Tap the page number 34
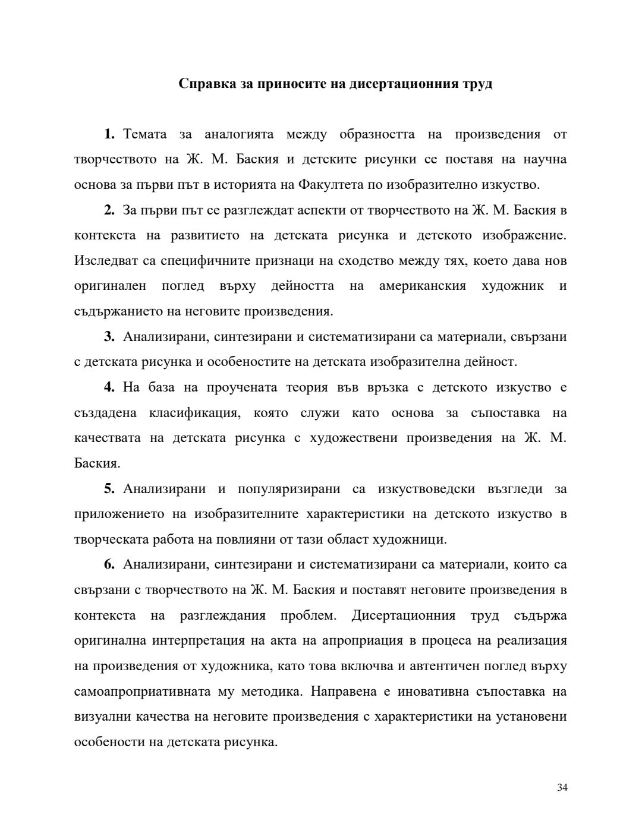click(x=562, y=788)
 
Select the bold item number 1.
click(x=109, y=134)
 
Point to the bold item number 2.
click(x=109, y=210)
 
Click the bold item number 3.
click(x=109, y=336)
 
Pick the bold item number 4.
click(x=109, y=387)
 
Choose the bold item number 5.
click(x=109, y=488)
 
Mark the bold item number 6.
click(x=109, y=564)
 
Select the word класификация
click(x=195, y=412)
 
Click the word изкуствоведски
click(x=426, y=488)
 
